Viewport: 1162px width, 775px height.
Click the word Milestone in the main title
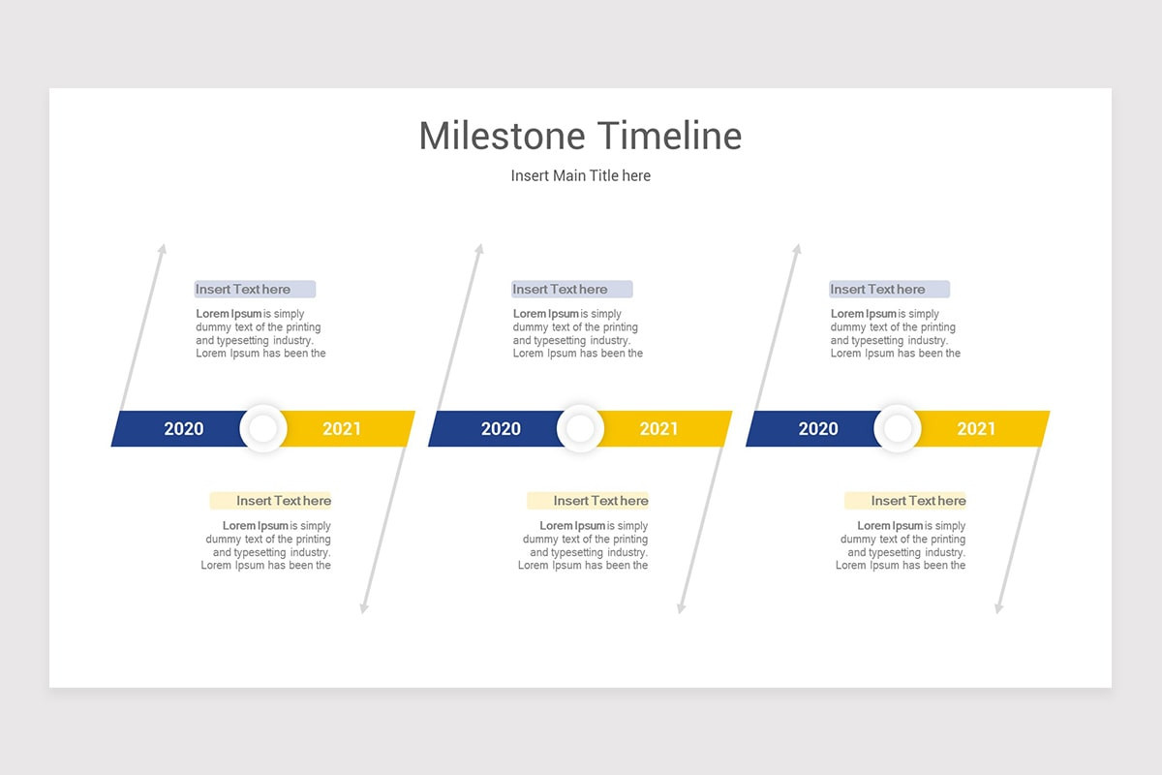click(x=502, y=136)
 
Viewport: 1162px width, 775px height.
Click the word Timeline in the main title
click(x=669, y=136)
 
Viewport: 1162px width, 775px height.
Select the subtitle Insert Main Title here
click(x=581, y=175)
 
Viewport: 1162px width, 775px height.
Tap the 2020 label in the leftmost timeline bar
click(x=184, y=429)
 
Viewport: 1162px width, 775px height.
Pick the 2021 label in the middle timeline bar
click(x=658, y=429)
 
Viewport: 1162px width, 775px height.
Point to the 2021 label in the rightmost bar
click(x=976, y=429)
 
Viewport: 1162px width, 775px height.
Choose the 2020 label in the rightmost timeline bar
click(x=818, y=429)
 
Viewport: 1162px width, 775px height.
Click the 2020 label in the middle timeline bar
click(x=501, y=429)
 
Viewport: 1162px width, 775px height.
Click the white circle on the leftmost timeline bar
click(x=263, y=429)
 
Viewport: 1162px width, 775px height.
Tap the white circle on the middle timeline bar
click(x=580, y=429)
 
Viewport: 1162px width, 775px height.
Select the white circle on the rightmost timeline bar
click(x=898, y=429)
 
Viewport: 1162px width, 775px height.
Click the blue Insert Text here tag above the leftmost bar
click(x=255, y=289)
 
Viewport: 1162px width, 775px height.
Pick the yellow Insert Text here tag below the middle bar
click(x=588, y=501)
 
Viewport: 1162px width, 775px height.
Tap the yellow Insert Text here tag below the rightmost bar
click(x=905, y=501)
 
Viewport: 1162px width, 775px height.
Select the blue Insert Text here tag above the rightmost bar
click(x=889, y=289)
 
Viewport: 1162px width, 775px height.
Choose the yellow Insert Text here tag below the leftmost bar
click(x=271, y=501)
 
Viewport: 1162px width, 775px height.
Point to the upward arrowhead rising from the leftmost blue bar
click(x=163, y=249)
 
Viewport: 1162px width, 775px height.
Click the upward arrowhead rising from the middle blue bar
click(x=479, y=249)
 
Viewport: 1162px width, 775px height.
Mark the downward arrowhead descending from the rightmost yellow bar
click(x=998, y=608)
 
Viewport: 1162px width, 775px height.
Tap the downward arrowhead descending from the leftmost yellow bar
click(x=364, y=608)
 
